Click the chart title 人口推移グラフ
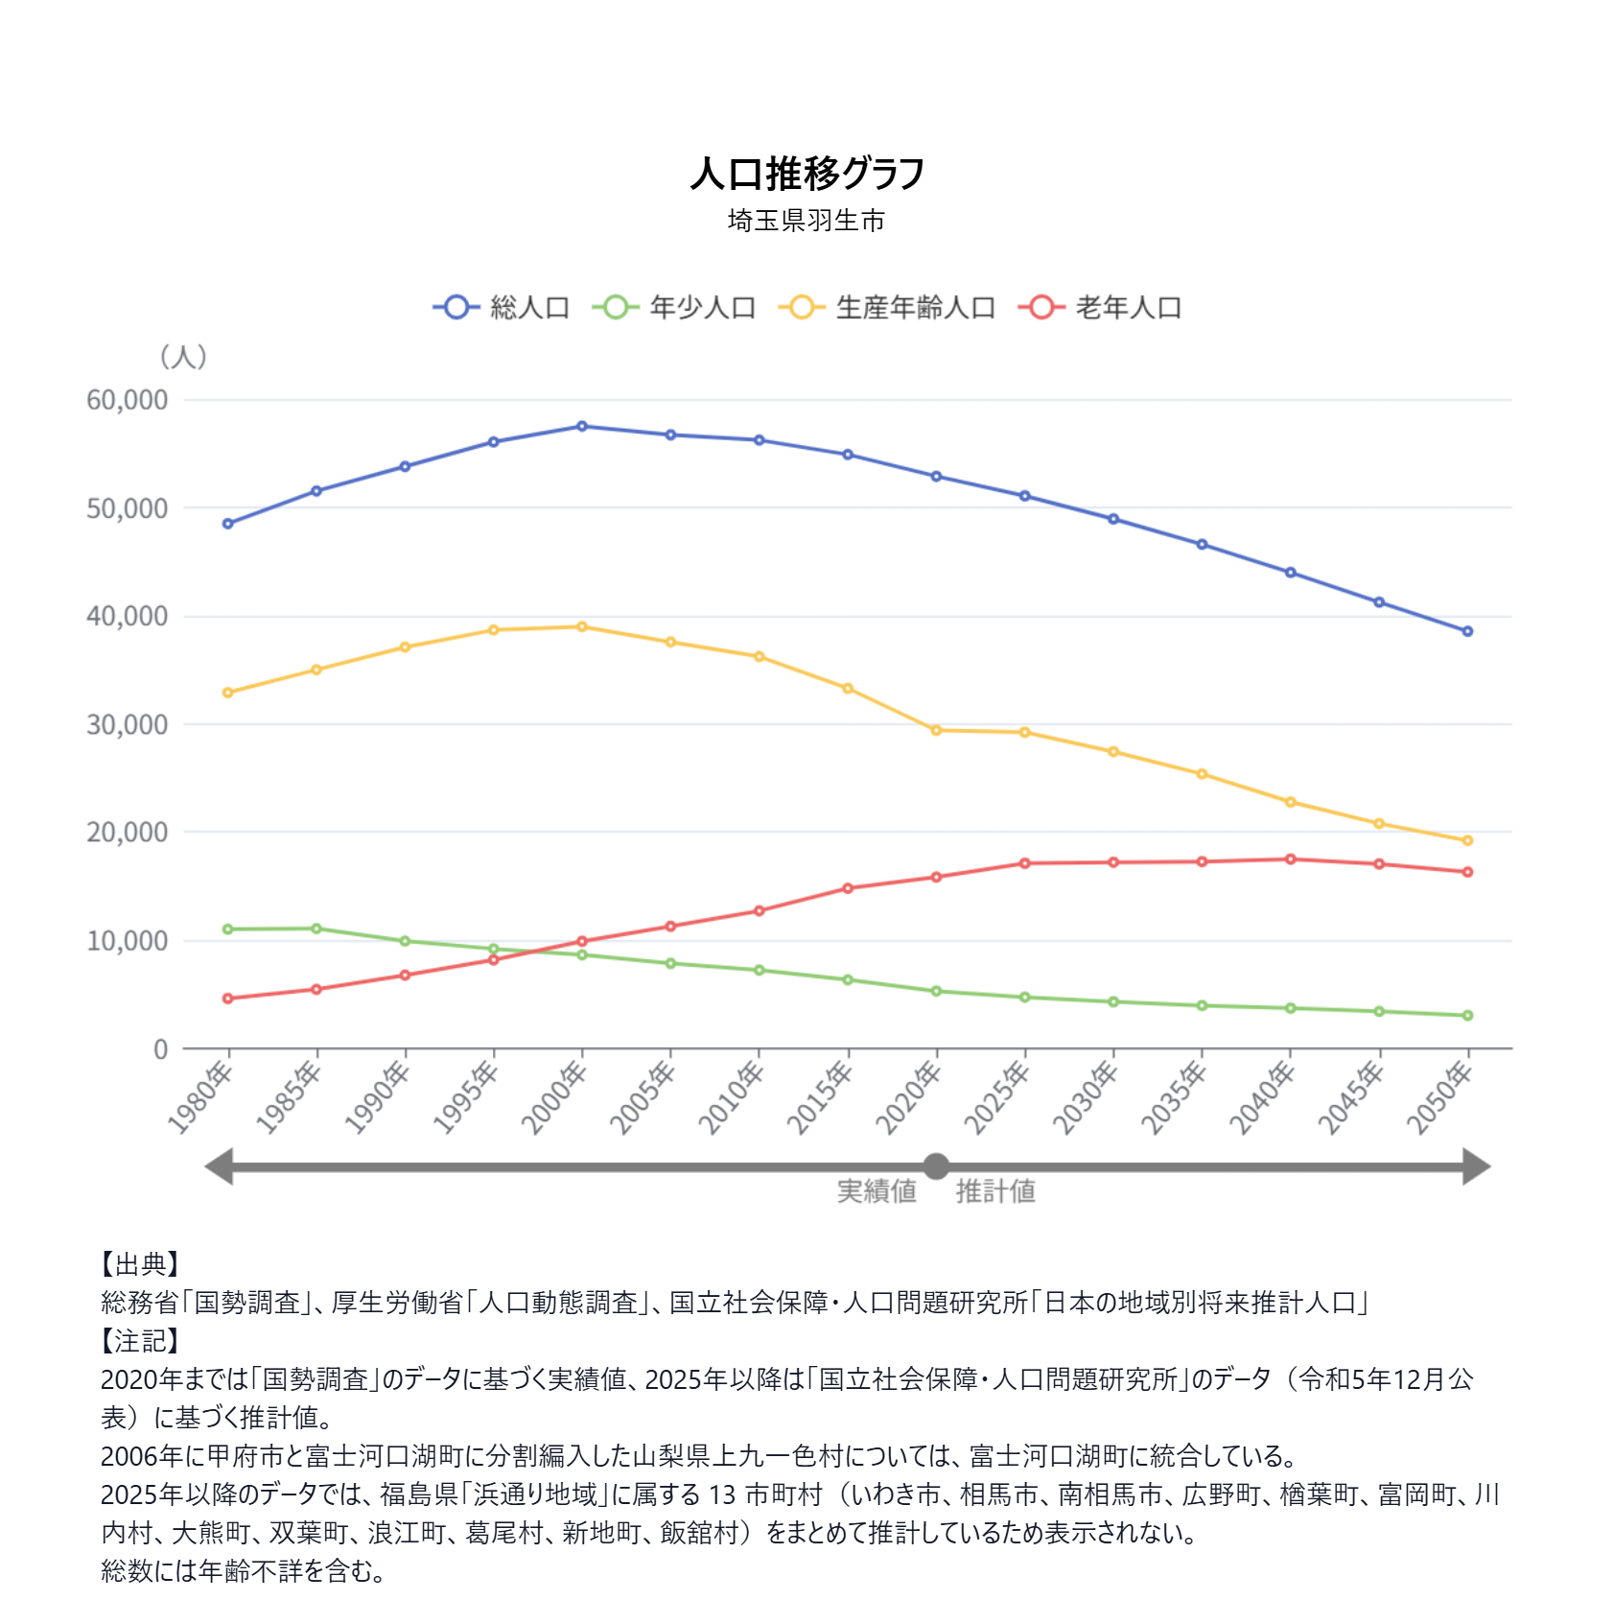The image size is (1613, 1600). (x=806, y=174)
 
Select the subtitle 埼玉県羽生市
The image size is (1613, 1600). (x=806, y=221)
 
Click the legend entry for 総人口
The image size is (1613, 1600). (x=503, y=307)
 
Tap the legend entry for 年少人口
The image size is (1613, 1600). (x=675, y=307)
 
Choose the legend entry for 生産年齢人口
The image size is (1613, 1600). (x=887, y=307)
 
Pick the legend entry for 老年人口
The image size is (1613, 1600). (x=1101, y=307)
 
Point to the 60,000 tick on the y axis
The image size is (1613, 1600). (x=127, y=400)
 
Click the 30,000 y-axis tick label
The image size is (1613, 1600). (x=127, y=725)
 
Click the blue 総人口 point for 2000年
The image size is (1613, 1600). (x=582, y=426)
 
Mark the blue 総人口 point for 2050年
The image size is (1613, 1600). (x=1467, y=631)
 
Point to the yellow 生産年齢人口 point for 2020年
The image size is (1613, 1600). (x=936, y=730)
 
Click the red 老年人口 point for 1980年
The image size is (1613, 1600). (x=227, y=999)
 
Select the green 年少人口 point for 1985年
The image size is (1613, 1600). (x=316, y=929)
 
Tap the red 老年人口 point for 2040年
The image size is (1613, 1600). (x=1291, y=859)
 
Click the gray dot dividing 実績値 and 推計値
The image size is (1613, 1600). (x=936, y=1166)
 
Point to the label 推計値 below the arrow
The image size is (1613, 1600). (x=995, y=1191)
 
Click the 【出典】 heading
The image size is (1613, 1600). (x=140, y=1264)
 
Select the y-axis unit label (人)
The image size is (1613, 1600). (x=182, y=357)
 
